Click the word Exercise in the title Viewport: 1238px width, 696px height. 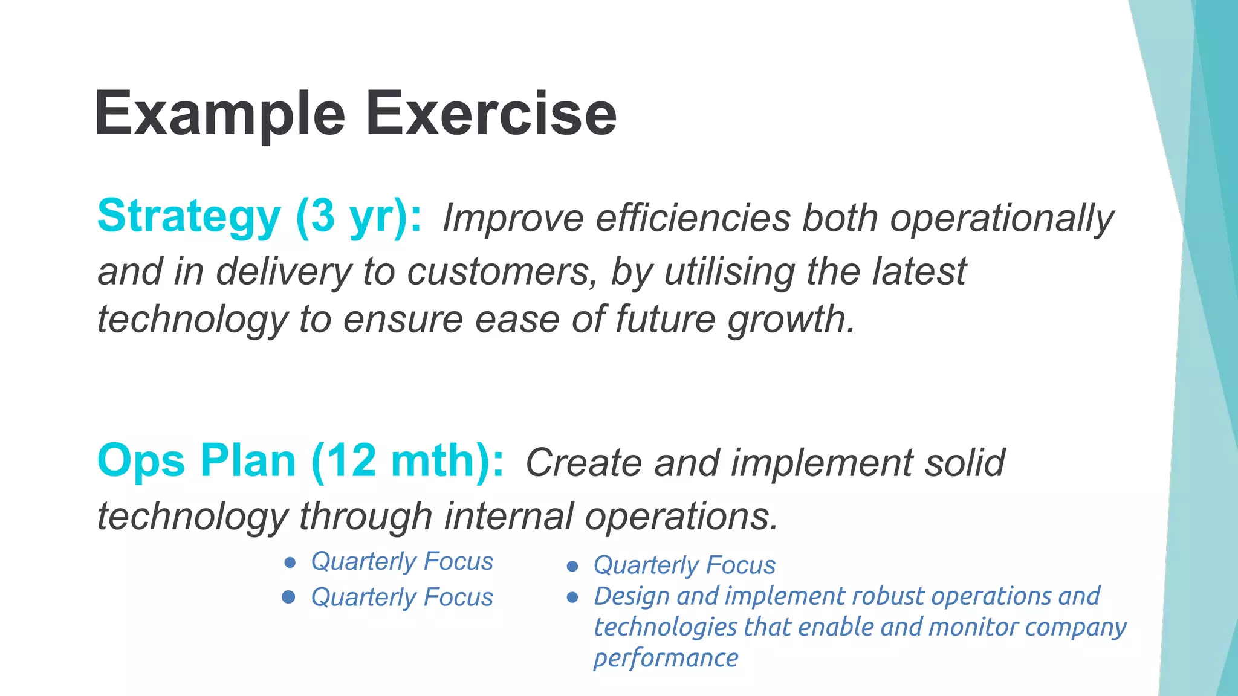(x=491, y=115)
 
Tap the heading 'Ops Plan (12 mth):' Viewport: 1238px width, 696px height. (x=300, y=461)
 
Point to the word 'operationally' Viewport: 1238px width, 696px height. (x=1001, y=218)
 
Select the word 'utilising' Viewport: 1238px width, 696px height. (x=730, y=271)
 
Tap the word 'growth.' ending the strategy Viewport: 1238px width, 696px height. (x=791, y=320)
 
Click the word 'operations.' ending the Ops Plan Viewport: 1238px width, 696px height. (x=681, y=517)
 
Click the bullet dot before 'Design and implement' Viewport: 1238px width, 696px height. (x=572, y=598)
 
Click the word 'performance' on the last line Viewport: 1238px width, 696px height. (x=666, y=658)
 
